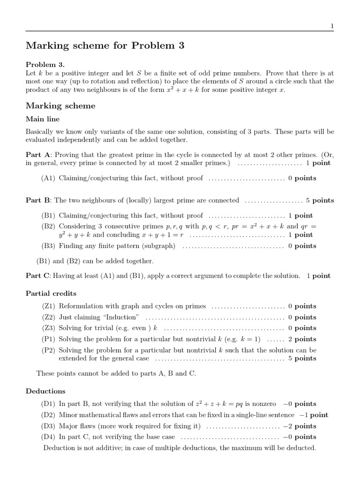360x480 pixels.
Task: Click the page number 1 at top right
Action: click(332, 27)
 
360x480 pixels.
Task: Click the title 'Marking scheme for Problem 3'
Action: click(105, 45)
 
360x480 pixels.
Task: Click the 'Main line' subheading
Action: click(42, 119)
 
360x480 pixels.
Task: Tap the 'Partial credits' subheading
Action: click(51, 293)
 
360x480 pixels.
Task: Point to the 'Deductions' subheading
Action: click(45, 391)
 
